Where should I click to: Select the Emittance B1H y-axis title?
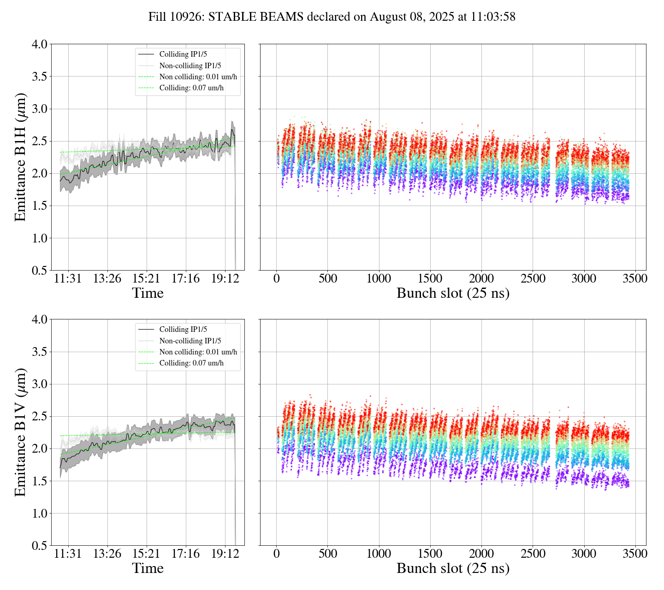[x=20, y=157]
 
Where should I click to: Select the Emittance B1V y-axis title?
[x=20, y=432]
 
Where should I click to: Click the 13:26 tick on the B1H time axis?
[x=107, y=278]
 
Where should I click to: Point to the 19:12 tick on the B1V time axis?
[x=225, y=554]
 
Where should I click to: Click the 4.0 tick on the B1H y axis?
[x=39, y=44]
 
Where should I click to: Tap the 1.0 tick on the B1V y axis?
[x=39, y=513]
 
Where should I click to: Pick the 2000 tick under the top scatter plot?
[x=481, y=278]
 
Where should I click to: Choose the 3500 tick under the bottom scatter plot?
[x=635, y=554]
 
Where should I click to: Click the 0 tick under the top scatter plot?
[x=277, y=278]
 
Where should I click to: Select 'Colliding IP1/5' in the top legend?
[x=183, y=54]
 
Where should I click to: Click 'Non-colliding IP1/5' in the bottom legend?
[x=190, y=341]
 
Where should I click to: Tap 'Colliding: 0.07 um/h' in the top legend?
[x=191, y=88]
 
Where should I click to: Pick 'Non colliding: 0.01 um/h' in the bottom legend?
[x=198, y=352]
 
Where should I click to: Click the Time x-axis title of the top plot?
[x=148, y=293]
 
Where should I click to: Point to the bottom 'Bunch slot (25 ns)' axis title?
[x=453, y=568]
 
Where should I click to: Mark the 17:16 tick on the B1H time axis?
[x=186, y=278]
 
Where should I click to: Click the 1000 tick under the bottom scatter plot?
[x=379, y=554]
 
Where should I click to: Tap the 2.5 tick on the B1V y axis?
[x=39, y=416]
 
